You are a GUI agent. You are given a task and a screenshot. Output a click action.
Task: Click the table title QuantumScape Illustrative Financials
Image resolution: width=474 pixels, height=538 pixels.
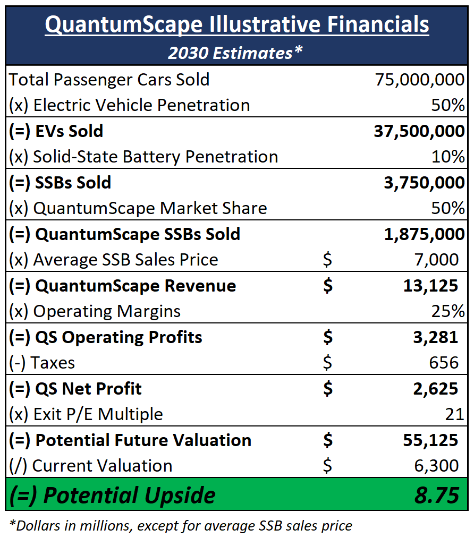pyautogui.click(x=237, y=25)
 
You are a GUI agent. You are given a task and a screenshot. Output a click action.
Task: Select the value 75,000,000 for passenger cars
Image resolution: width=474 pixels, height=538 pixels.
pyautogui.click(x=419, y=80)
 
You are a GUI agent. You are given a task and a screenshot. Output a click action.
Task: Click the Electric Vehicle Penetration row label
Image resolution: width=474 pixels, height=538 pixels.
pyautogui.click(x=130, y=105)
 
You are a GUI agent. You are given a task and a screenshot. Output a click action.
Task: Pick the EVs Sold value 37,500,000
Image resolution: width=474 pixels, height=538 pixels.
pyautogui.click(x=419, y=131)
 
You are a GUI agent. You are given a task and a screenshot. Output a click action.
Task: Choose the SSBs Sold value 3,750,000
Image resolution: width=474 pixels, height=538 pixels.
pyautogui.click(x=424, y=183)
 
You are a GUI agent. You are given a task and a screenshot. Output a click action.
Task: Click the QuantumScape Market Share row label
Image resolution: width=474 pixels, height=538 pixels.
pyautogui.click(x=138, y=208)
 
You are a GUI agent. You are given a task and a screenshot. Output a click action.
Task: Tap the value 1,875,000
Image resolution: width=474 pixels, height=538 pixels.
pyautogui.click(x=424, y=234)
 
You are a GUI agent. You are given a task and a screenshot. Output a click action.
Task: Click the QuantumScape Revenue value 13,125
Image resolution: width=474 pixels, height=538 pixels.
pyautogui.click(x=430, y=286)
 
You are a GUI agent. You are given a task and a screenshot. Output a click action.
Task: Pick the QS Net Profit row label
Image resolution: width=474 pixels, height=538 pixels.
pyautogui.click(x=75, y=389)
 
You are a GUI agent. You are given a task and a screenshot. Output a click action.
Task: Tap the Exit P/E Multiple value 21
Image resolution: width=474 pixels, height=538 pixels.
pyautogui.click(x=455, y=414)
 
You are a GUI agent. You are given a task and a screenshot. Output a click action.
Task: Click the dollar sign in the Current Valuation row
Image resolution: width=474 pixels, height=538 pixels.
pyautogui.click(x=327, y=466)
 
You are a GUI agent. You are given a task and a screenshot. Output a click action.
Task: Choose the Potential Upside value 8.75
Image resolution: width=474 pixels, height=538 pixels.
pyautogui.click(x=437, y=495)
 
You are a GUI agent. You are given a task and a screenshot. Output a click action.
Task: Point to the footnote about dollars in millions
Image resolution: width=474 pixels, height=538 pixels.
pyautogui.click(x=181, y=526)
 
